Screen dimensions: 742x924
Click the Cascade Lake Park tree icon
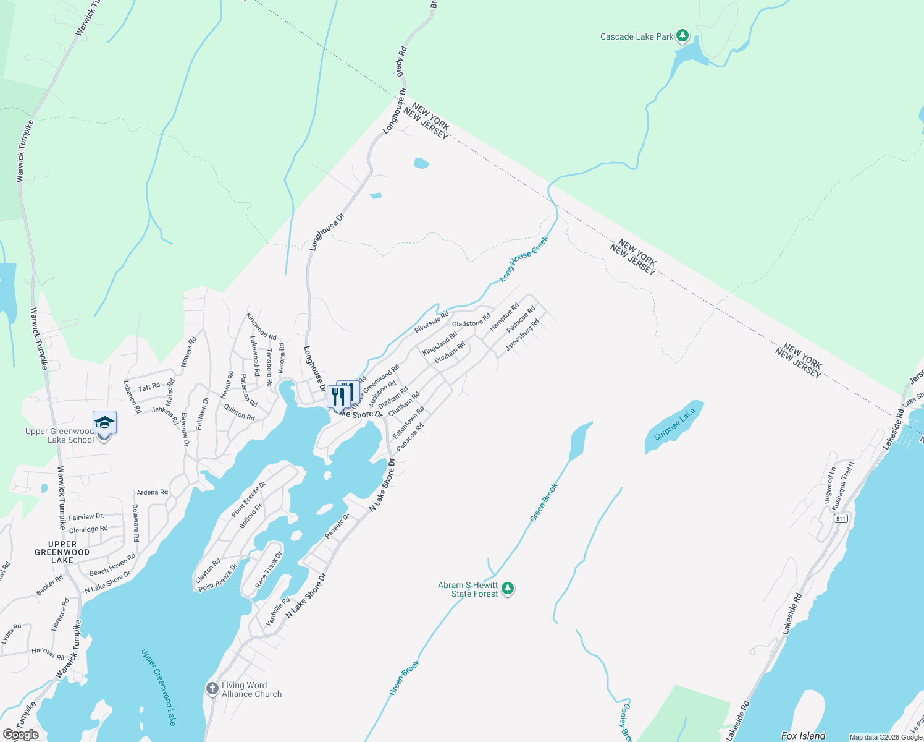coord(682,36)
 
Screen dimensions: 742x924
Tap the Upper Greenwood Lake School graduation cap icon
coord(104,422)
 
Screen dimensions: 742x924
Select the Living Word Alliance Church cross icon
coord(212,688)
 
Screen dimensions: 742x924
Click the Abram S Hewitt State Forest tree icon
coord(507,588)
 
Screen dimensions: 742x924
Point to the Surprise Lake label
coord(674,424)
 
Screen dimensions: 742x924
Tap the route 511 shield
coord(841,518)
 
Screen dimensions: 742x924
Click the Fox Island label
coord(803,736)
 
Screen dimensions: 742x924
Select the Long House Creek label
coord(524,259)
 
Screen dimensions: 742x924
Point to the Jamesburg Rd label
coord(523,335)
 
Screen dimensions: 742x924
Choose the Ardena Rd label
coord(152,492)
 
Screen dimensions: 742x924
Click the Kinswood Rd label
coord(261,326)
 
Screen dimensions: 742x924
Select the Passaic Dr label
coord(337,526)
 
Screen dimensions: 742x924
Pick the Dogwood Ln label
coord(830,485)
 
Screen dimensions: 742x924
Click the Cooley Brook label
coord(626,722)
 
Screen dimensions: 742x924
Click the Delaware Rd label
coord(135,523)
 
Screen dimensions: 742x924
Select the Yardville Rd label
coord(278,612)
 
